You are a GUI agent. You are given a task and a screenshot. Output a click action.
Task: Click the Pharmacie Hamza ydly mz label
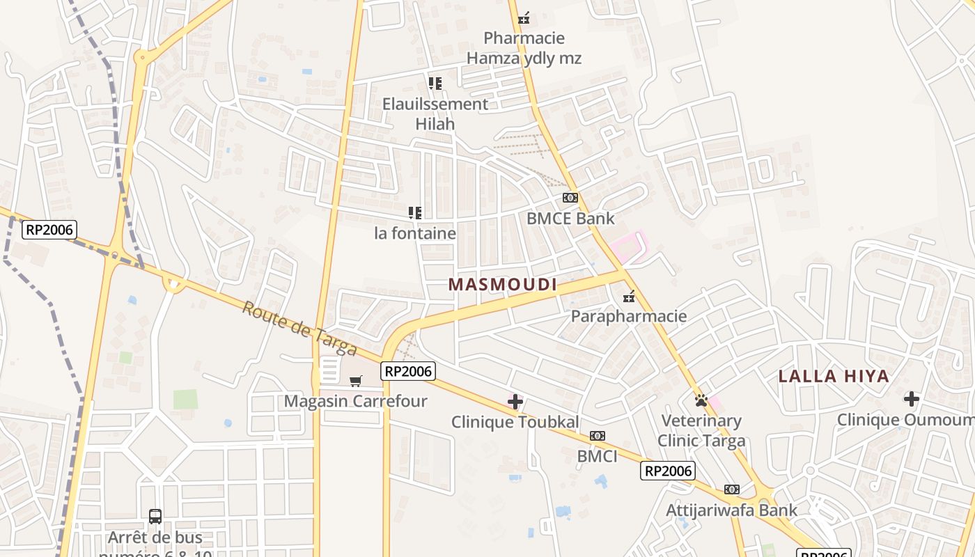tap(524, 48)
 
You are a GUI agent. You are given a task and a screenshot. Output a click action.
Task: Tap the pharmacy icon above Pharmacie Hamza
tap(524, 18)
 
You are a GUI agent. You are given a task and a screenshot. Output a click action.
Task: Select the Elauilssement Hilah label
tap(435, 114)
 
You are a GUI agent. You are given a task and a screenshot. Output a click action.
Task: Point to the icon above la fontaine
tap(415, 212)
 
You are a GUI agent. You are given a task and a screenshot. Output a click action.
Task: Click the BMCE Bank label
tap(570, 219)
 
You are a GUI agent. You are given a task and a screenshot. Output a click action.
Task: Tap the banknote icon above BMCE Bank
tap(570, 198)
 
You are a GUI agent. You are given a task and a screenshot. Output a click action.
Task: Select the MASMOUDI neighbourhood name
tap(503, 285)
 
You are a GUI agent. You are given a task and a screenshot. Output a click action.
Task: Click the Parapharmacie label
tap(629, 317)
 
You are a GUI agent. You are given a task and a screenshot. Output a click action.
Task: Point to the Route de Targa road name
tap(299, 328)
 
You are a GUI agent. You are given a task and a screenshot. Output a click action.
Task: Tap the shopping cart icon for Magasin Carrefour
tap(356, 381)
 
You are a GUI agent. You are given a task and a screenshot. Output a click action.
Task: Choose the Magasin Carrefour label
tap(355, 402)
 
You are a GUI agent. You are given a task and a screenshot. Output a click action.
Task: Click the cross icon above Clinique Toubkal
tap(515, 402)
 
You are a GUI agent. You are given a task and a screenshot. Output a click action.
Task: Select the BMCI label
tap(597, 457)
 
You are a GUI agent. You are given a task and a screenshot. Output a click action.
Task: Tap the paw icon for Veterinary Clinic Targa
tap(701, 400)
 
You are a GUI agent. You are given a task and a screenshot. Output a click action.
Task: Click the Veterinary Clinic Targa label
tap(701, 431)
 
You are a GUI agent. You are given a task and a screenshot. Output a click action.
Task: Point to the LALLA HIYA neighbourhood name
tap(834, 377)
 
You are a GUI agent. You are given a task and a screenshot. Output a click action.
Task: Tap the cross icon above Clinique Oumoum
tap(912, 399)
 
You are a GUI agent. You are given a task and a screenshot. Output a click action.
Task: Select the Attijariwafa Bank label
tap(731, 510)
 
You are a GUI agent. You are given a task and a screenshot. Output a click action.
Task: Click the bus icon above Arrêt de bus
tap(155, 517)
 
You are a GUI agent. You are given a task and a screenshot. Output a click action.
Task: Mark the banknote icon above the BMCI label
tap(598, 436)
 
